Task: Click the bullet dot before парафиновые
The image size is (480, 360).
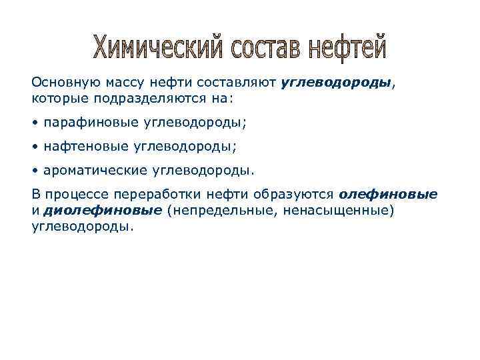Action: [35, 123]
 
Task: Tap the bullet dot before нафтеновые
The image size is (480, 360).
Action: [35, 145]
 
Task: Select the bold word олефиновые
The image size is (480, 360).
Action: [388, 195]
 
